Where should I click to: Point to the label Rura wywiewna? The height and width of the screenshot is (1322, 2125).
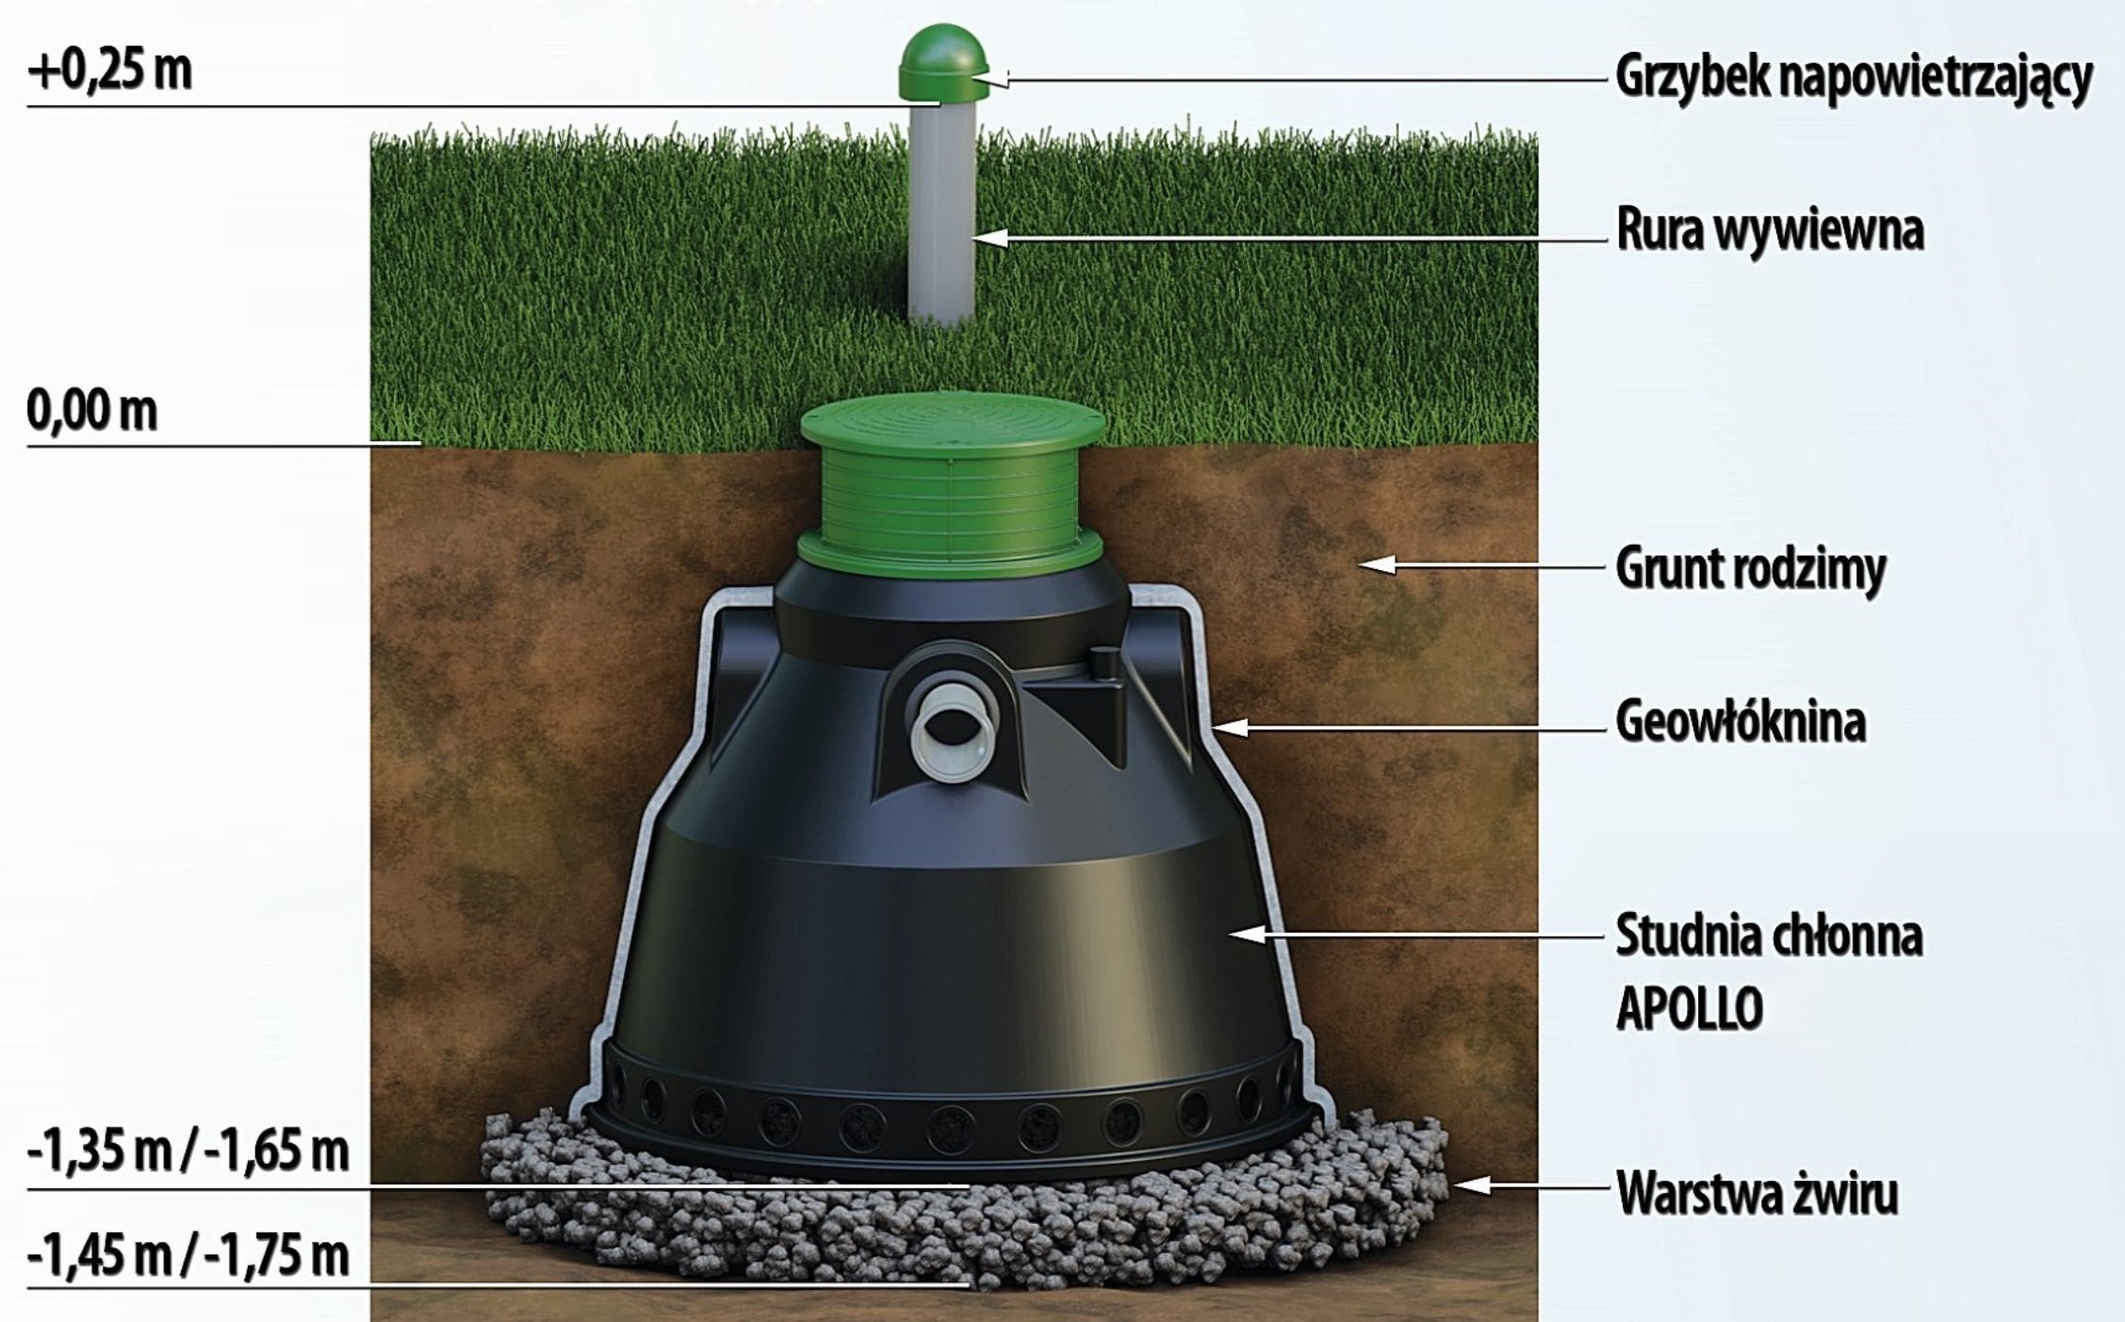pos(1770,231)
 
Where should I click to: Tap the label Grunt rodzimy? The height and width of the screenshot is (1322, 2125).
pos(1751,568)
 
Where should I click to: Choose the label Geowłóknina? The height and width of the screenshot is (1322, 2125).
pos(1741,722)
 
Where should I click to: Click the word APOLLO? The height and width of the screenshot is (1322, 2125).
pos(1690,1009)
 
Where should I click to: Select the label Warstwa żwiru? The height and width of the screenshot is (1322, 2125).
pos(1757,1192)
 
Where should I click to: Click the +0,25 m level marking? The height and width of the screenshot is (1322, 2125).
pos(109,70)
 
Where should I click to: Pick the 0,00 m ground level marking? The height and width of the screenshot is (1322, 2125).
pos(91,412)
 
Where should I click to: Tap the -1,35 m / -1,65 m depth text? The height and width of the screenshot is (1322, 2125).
pos(188,1151)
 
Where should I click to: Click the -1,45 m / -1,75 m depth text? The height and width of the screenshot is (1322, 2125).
pos(188,1255)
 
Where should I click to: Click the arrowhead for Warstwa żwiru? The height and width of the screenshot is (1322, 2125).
pos(1473,1184)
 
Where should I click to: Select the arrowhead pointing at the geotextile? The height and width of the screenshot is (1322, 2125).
pos(1231,727)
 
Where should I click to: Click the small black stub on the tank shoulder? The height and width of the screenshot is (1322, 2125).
pos(1103,661)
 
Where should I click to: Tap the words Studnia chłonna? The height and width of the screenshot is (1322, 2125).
pos(1769,936)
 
